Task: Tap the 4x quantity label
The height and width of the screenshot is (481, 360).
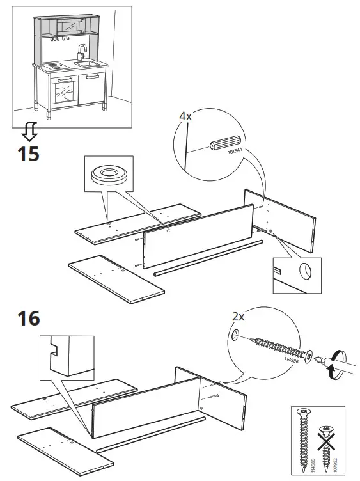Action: pos(185,116)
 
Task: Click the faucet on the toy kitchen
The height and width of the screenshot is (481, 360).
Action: pos(81,51)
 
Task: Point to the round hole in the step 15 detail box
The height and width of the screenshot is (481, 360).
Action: pos(306,272)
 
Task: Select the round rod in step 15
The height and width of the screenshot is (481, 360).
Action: pos(208,256)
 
